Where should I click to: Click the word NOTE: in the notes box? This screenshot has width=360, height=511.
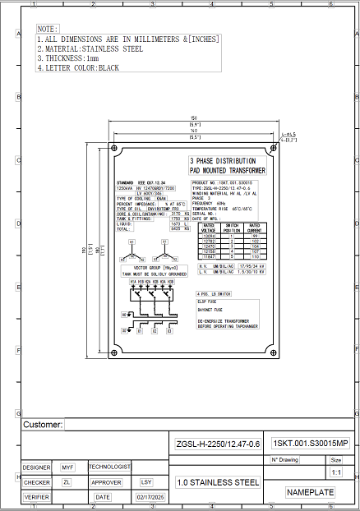pos(48,29)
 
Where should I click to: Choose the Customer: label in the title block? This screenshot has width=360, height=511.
pos(43,425)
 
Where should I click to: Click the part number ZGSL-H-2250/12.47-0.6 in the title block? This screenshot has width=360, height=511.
pos(218,444)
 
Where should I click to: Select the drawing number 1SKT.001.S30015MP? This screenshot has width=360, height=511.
pos(311,444)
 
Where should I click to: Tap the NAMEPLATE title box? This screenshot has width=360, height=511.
pos(310,492)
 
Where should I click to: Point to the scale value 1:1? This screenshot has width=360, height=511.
pos(335,473)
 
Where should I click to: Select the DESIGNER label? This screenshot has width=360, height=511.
pos(36,467)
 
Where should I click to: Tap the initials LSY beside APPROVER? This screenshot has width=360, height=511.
pos(146,482)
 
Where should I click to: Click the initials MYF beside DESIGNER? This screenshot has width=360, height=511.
pos(67,467)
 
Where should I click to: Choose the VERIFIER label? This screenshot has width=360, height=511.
pos(36,497)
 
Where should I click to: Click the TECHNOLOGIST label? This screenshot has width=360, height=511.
pos(109,467)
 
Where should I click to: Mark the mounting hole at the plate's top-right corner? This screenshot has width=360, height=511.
pos(275,150)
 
